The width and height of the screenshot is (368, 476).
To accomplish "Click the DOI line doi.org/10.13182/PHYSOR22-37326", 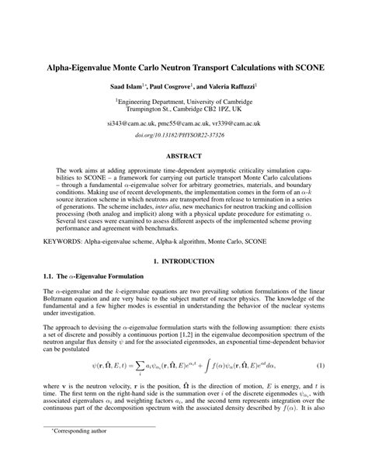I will pyautogui.click(x=183, y=135).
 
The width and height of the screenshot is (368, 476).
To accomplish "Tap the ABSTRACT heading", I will pyautogui.click(x=184, y=155).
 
